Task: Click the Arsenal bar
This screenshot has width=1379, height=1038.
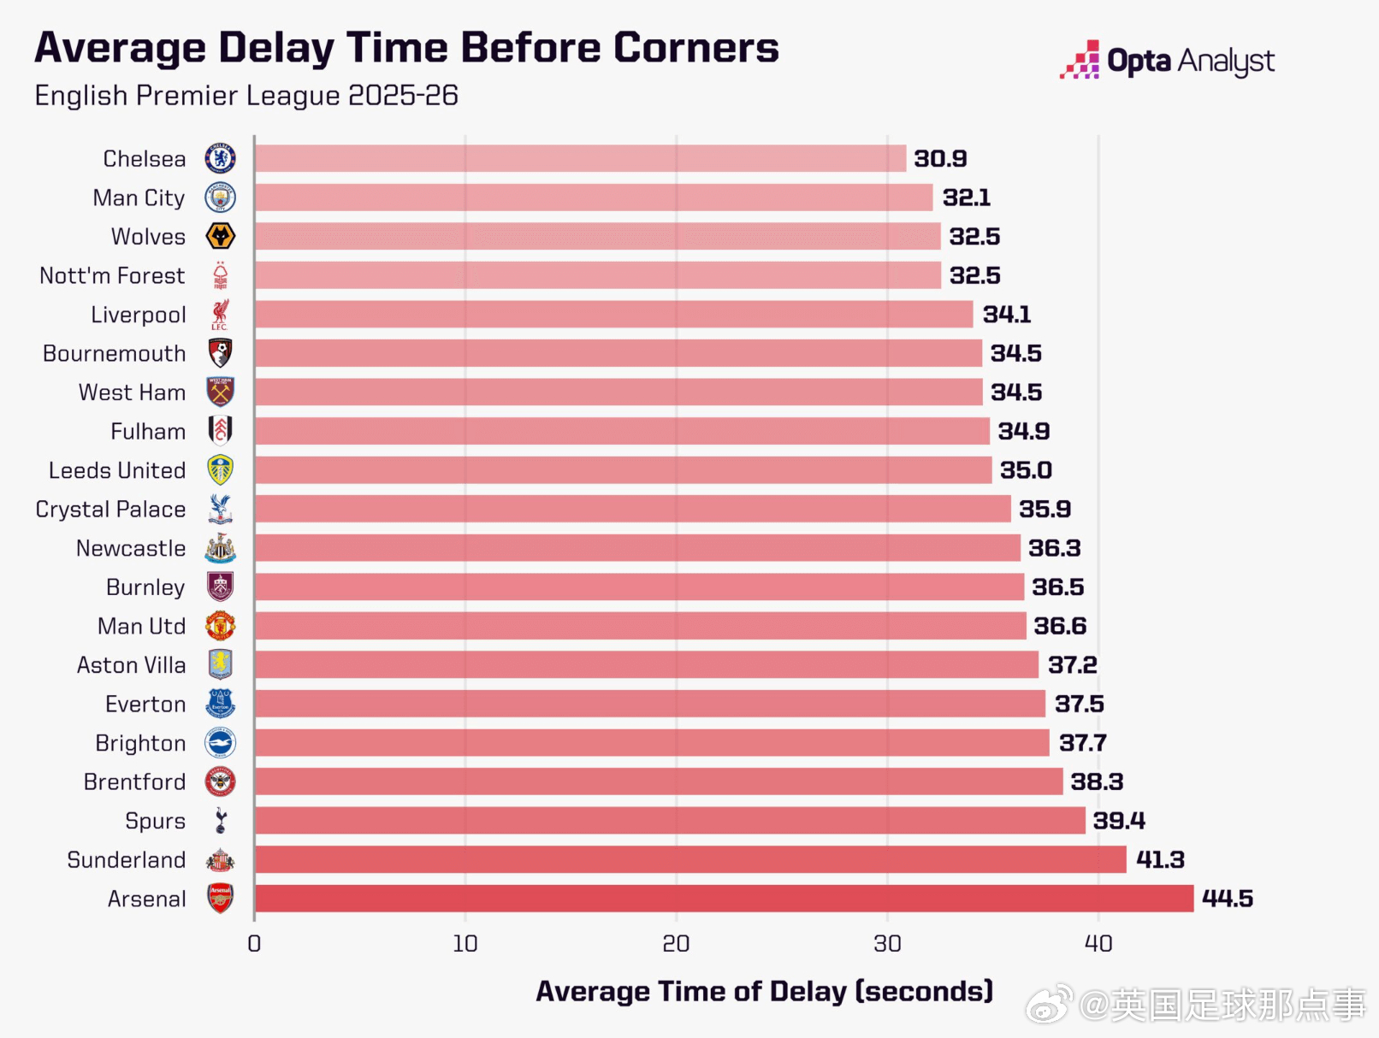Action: coord(723,899)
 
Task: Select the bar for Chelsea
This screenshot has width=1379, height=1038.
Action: coord(580,158)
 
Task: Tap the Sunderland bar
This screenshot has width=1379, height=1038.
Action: coord(689,859)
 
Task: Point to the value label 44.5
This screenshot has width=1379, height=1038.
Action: coord(1227,899)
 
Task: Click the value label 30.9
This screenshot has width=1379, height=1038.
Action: coord(940,159)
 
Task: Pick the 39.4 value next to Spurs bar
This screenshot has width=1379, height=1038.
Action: coord(1118,821)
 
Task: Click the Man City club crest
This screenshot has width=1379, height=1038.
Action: coord(221,198)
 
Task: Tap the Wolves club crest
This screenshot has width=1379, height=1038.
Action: coord(221,237)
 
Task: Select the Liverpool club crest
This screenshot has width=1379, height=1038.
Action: coord(221,315)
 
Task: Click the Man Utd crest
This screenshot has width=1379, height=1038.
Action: coord(221,626)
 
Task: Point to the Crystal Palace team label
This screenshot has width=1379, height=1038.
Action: coord(110,510)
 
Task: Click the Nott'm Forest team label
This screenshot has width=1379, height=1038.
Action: coord(112,276)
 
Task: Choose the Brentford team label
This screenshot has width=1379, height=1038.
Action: coord(134,782)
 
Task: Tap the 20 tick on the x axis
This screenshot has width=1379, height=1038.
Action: coord(676,944)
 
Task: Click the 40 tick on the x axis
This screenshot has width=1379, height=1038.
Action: coord(1098,944)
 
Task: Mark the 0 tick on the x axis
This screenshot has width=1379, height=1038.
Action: coord(254,944)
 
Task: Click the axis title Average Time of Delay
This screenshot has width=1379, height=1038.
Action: coord(764,991)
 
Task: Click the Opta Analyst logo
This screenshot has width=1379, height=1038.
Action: coord(1167,61)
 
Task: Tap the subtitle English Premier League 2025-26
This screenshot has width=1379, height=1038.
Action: coord(246,96)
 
